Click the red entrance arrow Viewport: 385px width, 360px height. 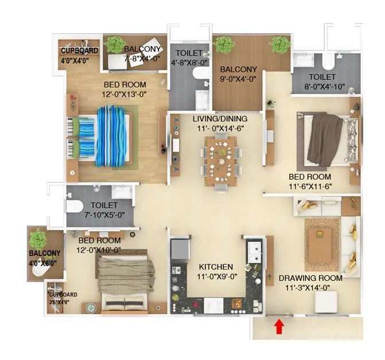(x=279, y=327)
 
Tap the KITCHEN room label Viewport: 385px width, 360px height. (x=216, y=267)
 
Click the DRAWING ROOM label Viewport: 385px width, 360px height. (x=311, y=278)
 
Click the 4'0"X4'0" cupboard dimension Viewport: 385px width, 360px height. (x=80, y=59)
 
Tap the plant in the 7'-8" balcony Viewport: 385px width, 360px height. (x=116, y=45)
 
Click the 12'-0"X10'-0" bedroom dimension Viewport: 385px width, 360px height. (x=100, y=250)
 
